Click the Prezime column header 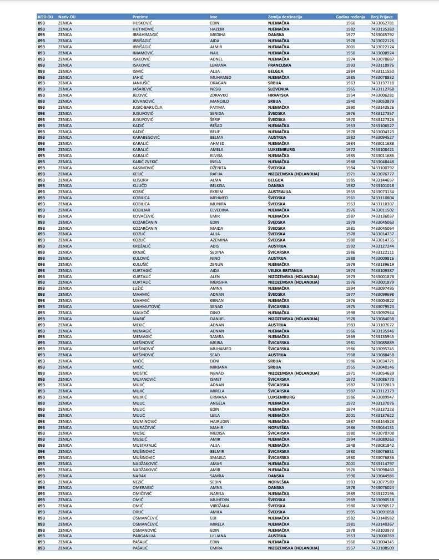(140, 17)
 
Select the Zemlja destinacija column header (285, 17)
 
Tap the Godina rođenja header (350, 17)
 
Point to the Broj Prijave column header (382, 17)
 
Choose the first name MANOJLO (220, 101)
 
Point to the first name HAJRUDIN (221, 421)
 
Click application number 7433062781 (382, 23)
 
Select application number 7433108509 (382, 547)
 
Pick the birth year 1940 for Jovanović (350, 101)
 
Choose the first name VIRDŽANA (220, 505)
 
